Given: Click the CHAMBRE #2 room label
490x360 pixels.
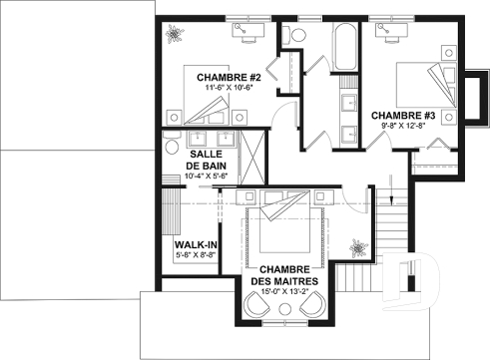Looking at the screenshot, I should [x=229, y=77].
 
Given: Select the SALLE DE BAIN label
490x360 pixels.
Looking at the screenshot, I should [x=207, y=160].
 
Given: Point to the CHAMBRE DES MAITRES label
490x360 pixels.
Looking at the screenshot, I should [x=288, y=276].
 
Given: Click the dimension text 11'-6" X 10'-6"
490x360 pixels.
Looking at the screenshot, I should [x=229, y=89].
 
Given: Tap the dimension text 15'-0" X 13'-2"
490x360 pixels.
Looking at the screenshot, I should [x=288, y=292].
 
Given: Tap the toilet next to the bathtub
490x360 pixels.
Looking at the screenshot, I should [x=294, y=36].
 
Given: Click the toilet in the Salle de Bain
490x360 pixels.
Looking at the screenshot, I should [x=171, y=141].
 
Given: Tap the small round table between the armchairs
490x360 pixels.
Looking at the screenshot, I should [x=288, y=317].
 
